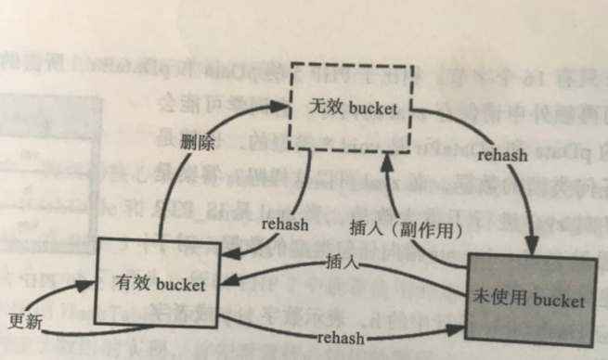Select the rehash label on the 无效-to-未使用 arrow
(x=502, y=155)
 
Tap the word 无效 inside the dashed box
(x=326, y=109)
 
